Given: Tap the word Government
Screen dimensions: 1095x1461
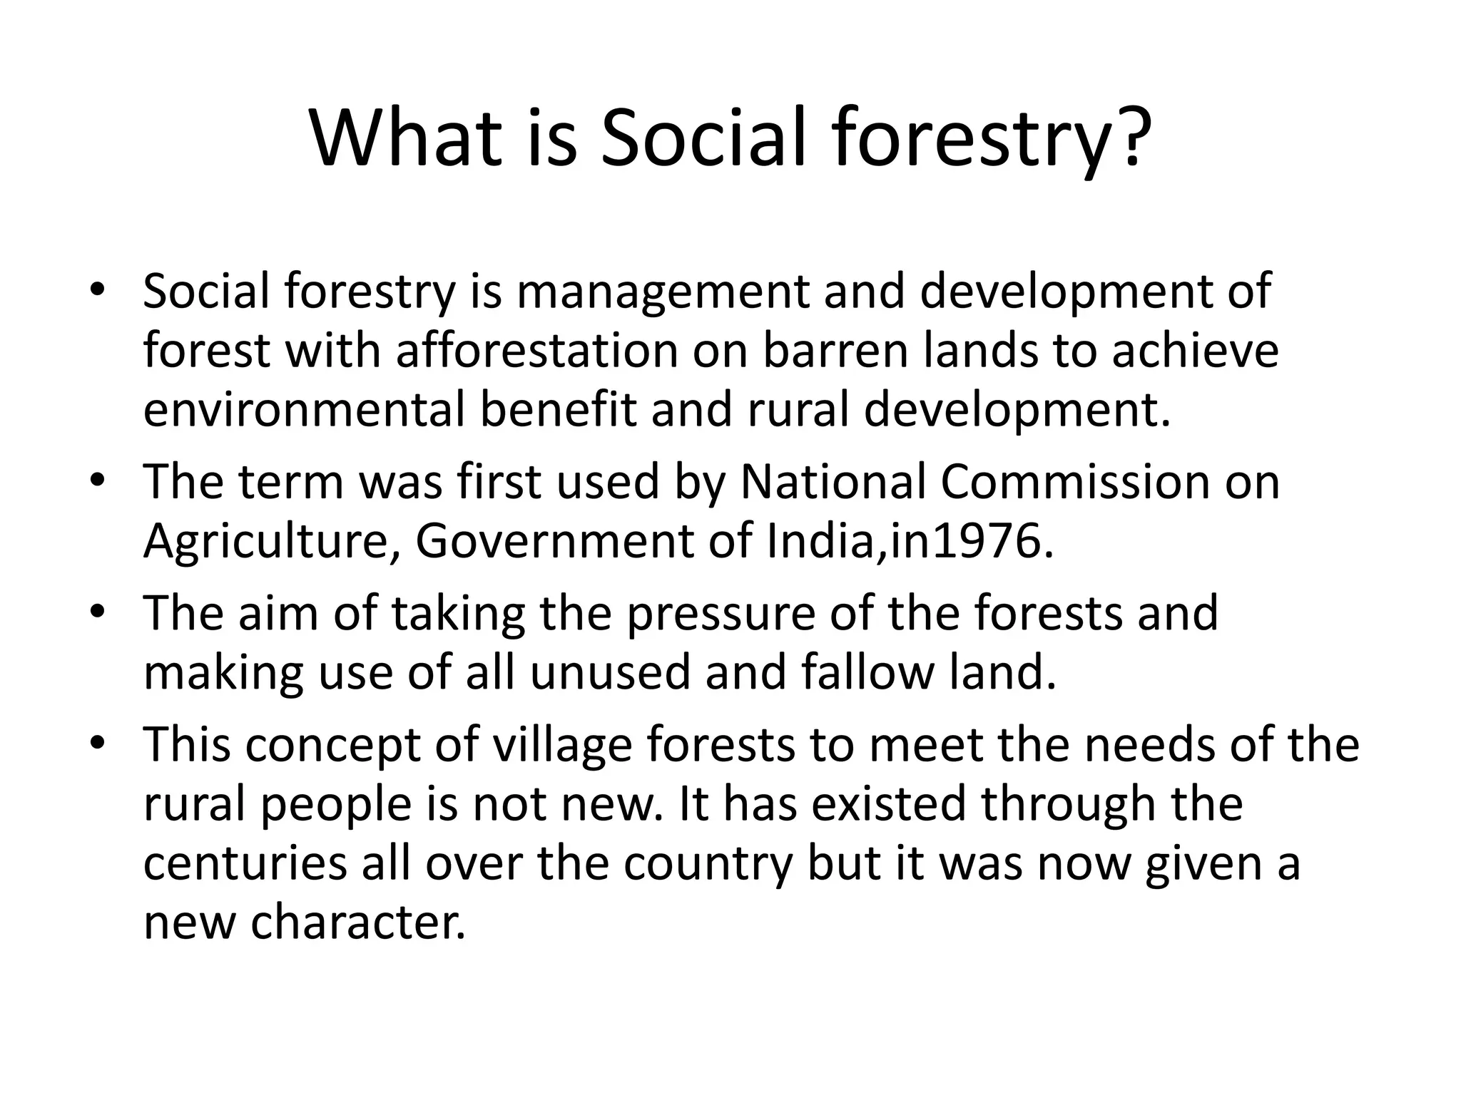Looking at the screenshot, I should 554,541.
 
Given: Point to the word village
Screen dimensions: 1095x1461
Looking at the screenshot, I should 563,744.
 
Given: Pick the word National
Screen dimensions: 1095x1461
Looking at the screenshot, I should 832,482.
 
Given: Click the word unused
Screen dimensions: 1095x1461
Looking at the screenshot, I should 610,672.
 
